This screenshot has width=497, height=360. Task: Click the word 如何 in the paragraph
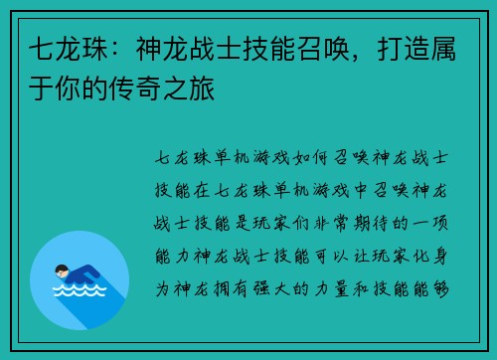click(302, 160)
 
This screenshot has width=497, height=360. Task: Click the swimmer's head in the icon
click(62, 270)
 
